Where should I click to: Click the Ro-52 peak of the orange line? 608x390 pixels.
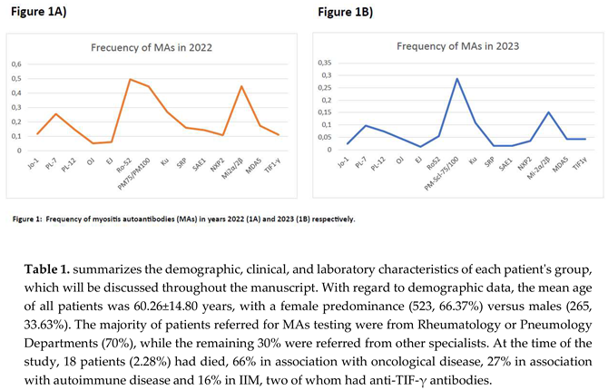(129, 80)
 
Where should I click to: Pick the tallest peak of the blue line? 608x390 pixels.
(456, 79)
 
